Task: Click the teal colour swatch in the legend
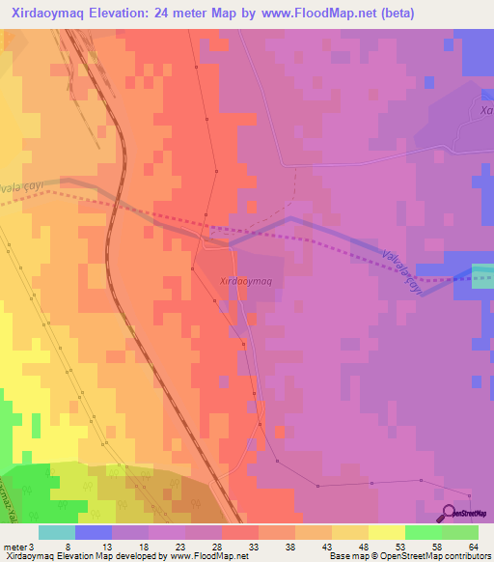tap(57, 532)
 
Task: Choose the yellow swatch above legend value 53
tap(386, 532)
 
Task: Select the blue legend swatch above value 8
tap(94, 532)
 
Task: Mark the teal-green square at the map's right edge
tap(482, 275)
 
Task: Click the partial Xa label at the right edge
tap(485, 112)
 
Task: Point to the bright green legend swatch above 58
tap(423, 532)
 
